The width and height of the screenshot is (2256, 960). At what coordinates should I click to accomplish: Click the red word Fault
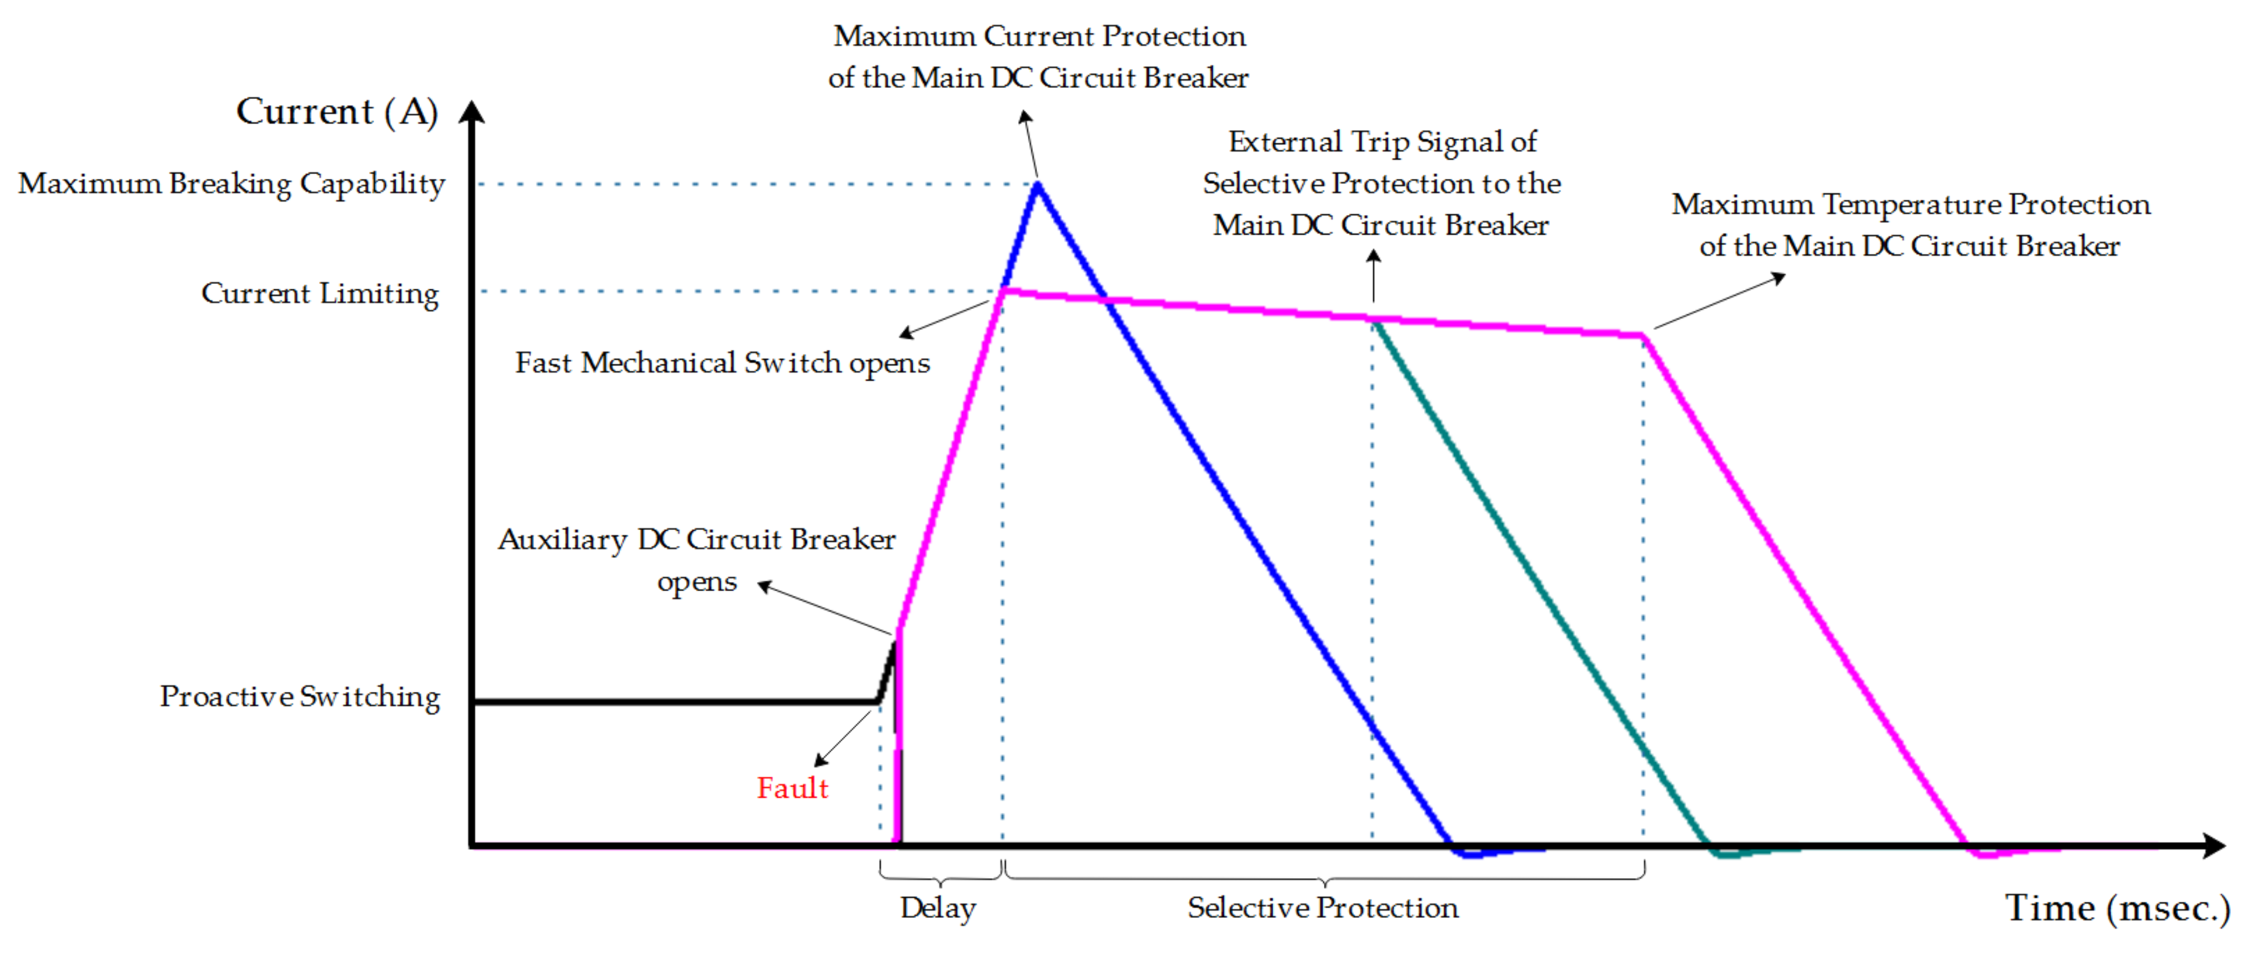click(x=792, y=787)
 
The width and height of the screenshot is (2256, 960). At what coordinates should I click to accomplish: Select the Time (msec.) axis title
click(x=2117, y=907)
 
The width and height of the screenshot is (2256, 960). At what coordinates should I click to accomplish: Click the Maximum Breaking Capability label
click(x=232, y=183)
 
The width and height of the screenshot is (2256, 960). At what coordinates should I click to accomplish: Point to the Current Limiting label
click(x=320, y=293)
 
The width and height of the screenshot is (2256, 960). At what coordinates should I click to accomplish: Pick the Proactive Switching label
click(x=300, y=696)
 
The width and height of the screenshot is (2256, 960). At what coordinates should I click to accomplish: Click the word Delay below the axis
click(x=938, y=907)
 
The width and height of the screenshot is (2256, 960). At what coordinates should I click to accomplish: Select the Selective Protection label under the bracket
click(x=1323, y=907)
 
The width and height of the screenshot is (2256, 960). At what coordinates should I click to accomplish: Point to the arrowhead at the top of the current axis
click(x=472, y=111)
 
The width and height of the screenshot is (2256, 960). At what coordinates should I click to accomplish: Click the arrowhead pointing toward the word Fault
click(x=820, y=760)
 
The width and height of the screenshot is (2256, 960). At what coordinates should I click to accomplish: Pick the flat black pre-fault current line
click(x=674, y=702)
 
